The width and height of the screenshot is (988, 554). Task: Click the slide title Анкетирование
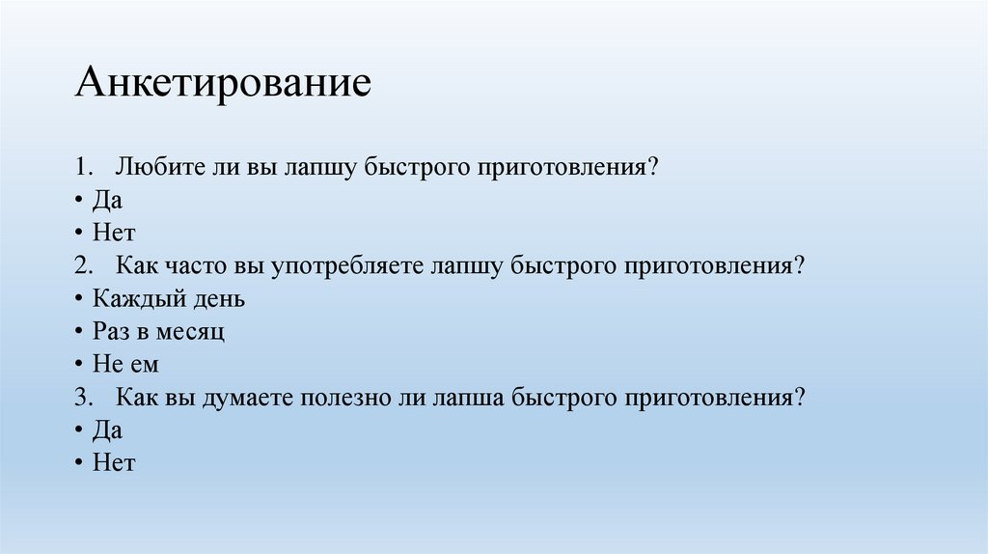click(223, 82)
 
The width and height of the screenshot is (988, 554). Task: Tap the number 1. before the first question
click(82, 167)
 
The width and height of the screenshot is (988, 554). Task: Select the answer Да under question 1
click(107, 200)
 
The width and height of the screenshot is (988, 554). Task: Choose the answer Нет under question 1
click(114, 233)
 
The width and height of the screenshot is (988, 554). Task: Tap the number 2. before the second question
click(82, 265)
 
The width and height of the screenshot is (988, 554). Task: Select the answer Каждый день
click(169, 299)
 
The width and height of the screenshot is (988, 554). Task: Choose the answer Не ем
click(124, 365)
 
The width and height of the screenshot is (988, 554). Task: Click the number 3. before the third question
click(82, 398)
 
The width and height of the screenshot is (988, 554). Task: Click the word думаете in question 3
click(248, 398)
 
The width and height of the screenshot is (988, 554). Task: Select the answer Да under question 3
click(107, 430)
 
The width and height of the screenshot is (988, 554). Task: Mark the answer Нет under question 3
click(114, 463)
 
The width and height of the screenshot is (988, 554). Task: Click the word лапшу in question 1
click(319, 167)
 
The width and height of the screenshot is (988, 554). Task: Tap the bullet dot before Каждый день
click(75, 299)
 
